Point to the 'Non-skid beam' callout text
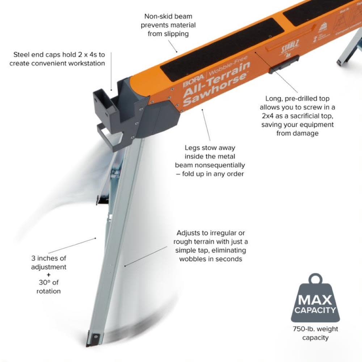168,25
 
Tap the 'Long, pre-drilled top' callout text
297,116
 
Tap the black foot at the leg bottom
93,338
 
